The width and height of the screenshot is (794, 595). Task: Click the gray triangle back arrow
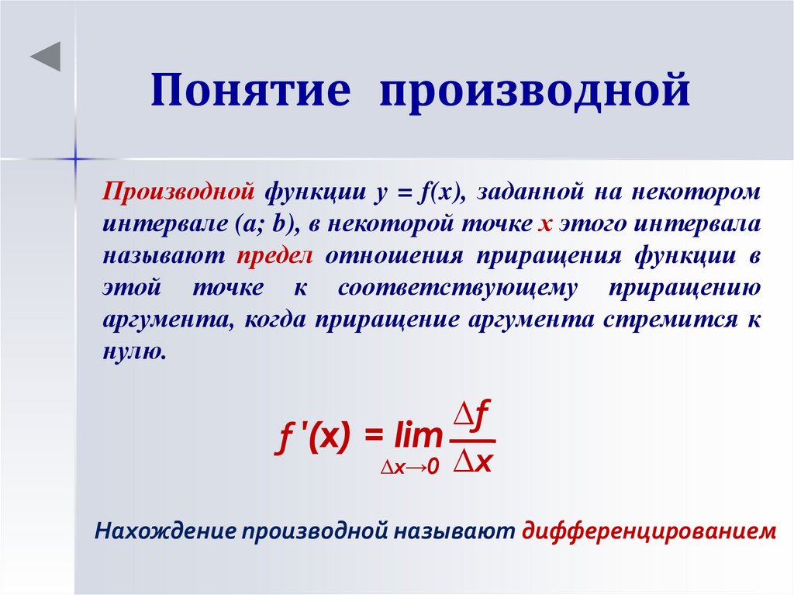46,57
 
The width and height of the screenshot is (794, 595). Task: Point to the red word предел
274,255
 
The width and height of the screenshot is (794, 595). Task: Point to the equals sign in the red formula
375,437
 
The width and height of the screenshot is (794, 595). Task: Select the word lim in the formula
416,437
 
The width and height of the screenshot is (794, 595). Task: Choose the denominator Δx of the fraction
473,462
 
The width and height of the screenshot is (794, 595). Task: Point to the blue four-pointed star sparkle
75,158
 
